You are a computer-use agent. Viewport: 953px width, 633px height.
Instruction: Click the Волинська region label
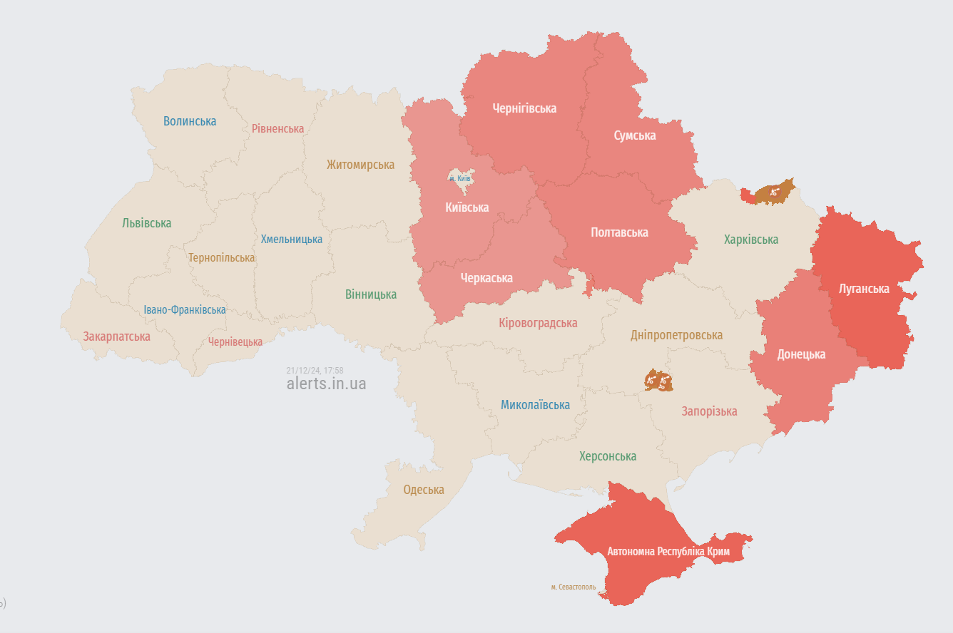click(x=190, y=121)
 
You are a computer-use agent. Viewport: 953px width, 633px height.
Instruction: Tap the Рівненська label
click(x=277, y=129)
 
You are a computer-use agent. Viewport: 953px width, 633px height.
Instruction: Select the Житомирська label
click(x=360, y=165)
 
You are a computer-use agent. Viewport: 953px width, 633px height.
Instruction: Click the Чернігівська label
click(x=524, y=108)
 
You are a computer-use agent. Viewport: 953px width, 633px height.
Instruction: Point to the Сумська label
click(x=635, y=135)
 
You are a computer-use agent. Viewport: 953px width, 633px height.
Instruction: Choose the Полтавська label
click(x=619, y=232)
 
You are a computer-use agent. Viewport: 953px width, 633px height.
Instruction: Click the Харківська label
click(x=750, y=240)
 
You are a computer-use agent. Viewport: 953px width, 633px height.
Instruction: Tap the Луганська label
click(x=864, y=289)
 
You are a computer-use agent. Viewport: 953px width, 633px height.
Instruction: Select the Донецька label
click(x=801, y=354)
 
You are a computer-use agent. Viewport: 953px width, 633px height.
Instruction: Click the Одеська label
click(x=423, y=490)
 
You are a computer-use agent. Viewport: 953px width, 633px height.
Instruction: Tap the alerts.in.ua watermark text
click(x=326, y=384)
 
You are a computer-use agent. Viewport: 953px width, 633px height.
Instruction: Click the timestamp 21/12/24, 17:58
click(x=315, y=371)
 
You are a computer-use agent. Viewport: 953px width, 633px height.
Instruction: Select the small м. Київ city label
click(x=459, y=178)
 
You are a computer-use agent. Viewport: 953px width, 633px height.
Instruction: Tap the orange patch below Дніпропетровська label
click(x=658, y=381)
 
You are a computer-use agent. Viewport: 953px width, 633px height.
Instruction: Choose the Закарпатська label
click(x=116, y=336)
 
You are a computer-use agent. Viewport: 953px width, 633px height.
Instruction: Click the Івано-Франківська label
click(x=185, y=310)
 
